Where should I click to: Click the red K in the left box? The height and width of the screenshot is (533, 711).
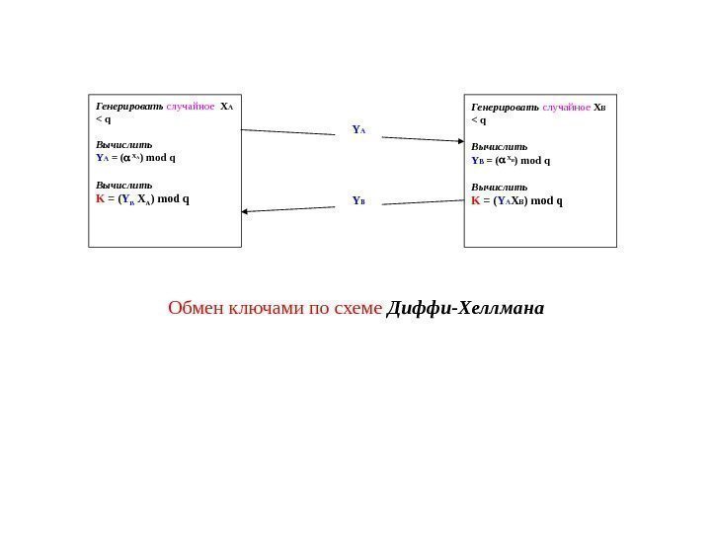99,197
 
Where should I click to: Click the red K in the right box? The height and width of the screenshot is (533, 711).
476,200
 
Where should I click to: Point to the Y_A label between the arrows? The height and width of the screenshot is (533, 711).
358,128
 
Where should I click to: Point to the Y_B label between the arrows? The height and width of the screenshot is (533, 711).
358,200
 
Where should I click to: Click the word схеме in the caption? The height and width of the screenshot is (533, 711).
355,309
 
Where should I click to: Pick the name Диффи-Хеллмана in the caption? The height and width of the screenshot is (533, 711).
466,309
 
